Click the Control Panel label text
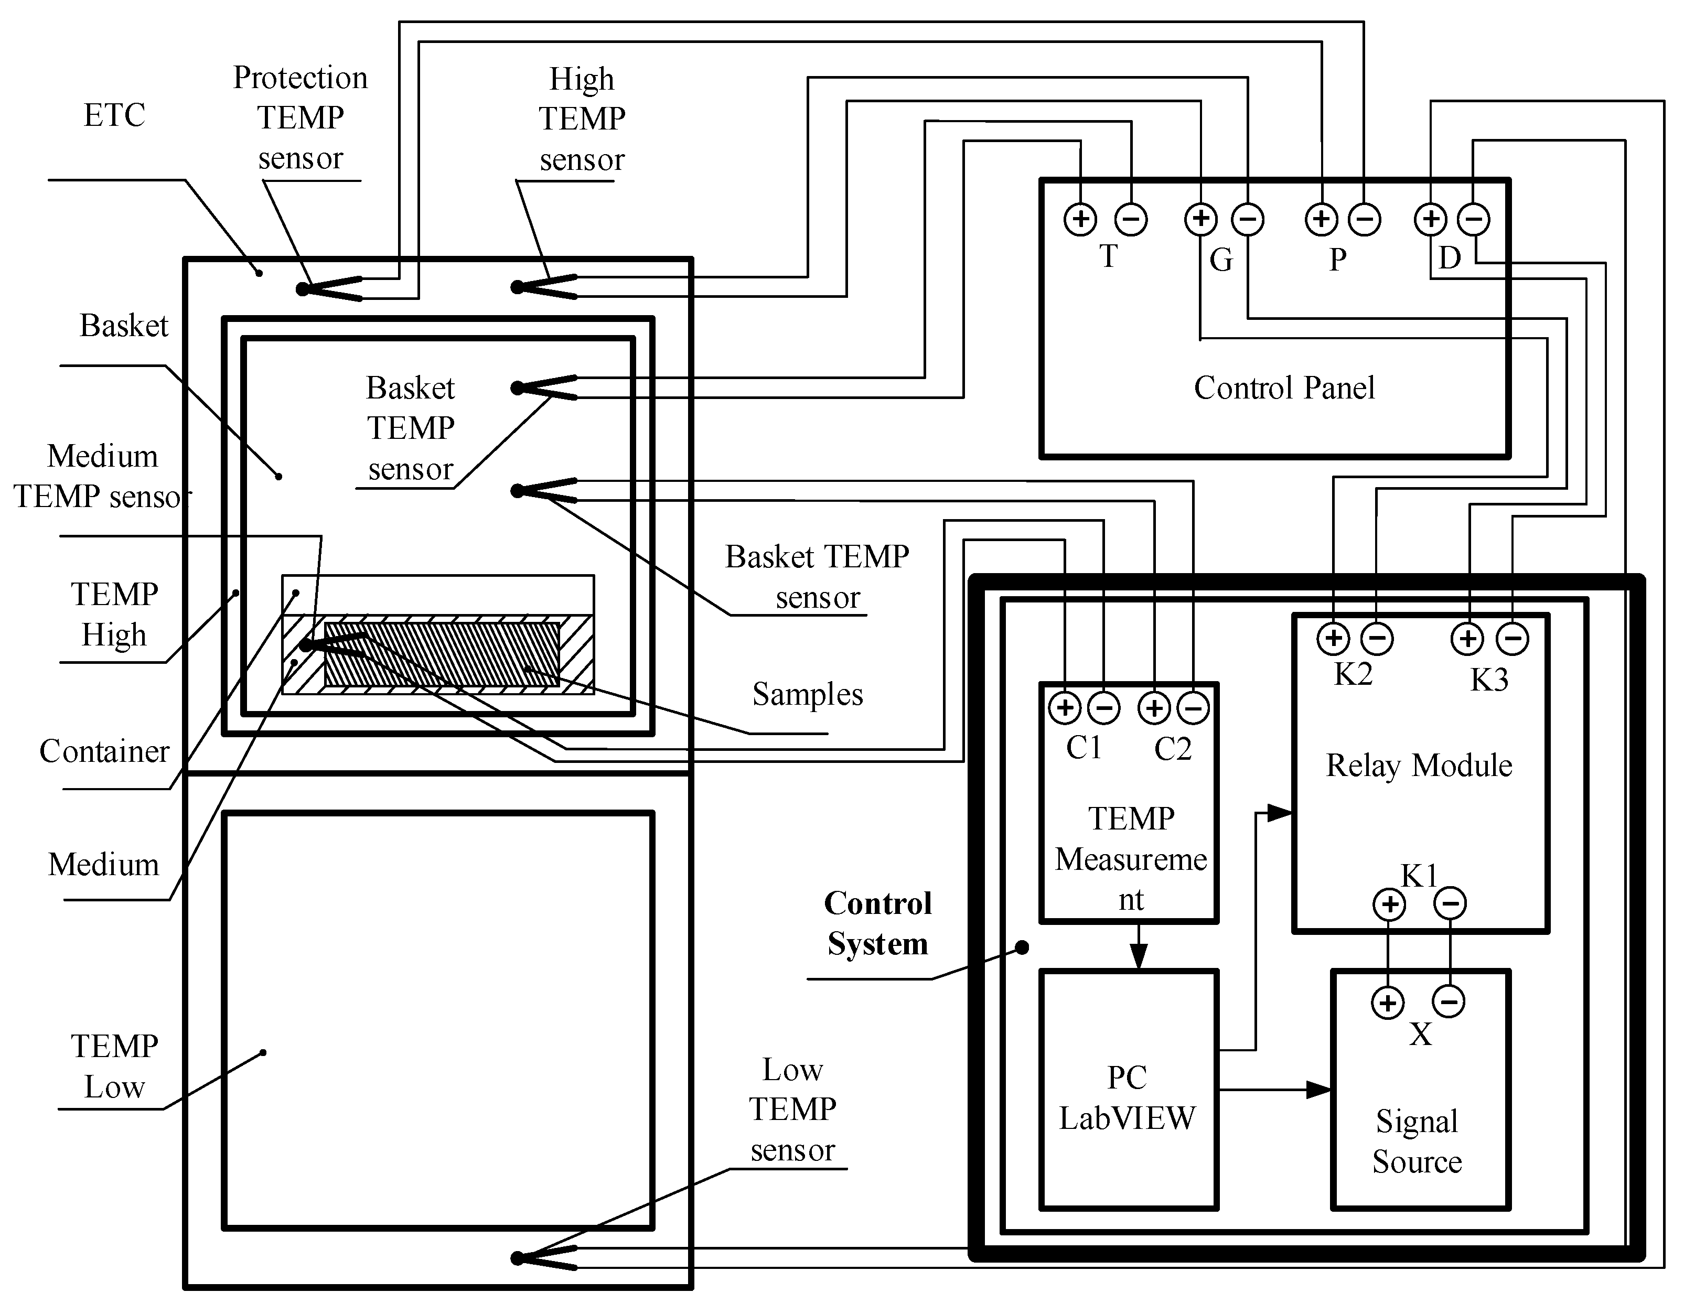(1284, 388)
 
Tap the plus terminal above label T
(1080, 219)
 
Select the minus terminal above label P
(1364, 220)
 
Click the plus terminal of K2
(1333, 639)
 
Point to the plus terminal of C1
(1065, 708)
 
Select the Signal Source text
(1417, 1141)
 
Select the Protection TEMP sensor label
(300, 118)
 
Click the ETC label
(114, 116)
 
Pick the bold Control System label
(877, 923)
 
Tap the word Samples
(807, 694)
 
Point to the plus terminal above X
(1388, 1003)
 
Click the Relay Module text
(1419, 766)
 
